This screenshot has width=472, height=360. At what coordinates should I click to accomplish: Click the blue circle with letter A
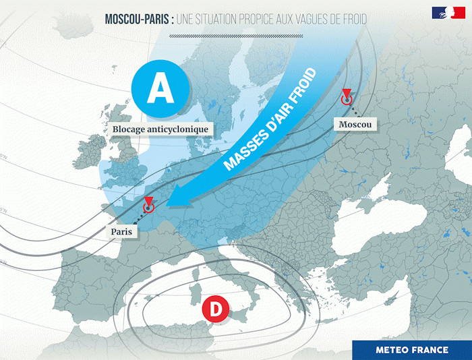pyautogui.click(x=160, y=88)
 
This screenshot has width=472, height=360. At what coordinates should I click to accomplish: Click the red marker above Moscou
pyautogui.click(x=347, y=98)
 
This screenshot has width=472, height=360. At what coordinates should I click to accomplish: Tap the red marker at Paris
pyautogui.click(x=149, y=205)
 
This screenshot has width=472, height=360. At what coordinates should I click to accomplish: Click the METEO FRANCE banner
pyautogui.click(x=411, y=350)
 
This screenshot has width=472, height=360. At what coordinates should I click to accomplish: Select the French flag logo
pyautogui.click(x=443, y=13)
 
